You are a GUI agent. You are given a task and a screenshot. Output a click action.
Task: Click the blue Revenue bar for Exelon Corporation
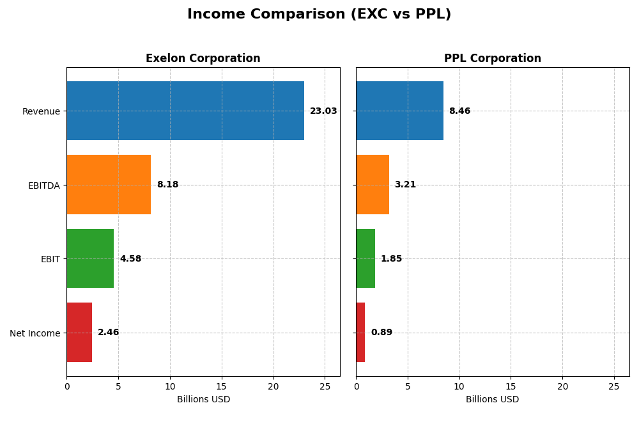185,111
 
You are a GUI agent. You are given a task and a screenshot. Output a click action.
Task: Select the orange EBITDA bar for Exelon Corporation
109,185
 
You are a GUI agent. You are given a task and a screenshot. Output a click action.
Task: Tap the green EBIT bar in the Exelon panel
90,258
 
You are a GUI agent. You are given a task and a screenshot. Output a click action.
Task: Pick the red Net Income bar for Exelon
79,333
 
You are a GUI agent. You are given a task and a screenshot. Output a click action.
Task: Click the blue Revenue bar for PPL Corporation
399,111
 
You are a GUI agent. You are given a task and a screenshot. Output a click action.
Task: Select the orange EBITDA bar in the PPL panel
373,185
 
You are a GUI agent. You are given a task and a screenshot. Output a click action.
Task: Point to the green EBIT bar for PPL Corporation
366,258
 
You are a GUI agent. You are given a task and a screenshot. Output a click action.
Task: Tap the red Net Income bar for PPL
360,333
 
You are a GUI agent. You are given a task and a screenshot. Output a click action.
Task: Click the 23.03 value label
323,111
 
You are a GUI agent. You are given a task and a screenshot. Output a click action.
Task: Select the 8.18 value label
167,185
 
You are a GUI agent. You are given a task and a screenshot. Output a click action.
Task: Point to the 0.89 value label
381,333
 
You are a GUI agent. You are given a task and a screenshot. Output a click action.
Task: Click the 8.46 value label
459,111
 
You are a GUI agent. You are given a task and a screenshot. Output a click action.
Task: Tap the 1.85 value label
391,259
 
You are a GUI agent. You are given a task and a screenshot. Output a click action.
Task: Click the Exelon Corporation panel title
203,59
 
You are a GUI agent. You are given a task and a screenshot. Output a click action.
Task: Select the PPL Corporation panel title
492,59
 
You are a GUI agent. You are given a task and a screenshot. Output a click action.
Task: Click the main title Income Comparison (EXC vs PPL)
319,15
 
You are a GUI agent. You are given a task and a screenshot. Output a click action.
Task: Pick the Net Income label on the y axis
35,333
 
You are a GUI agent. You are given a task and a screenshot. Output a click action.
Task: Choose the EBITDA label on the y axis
43,185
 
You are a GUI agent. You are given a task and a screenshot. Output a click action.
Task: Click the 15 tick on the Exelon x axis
222,386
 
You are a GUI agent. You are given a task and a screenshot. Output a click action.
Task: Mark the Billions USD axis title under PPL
492,400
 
